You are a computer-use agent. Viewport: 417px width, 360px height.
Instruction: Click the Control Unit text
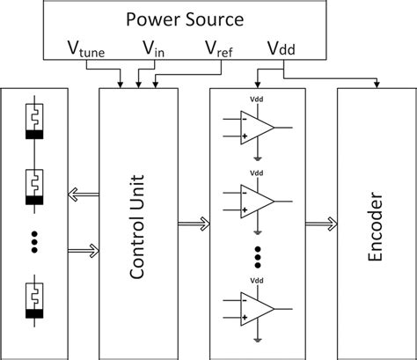[138, 224]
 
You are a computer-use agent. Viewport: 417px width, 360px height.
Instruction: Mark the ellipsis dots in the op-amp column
[258, 258]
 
